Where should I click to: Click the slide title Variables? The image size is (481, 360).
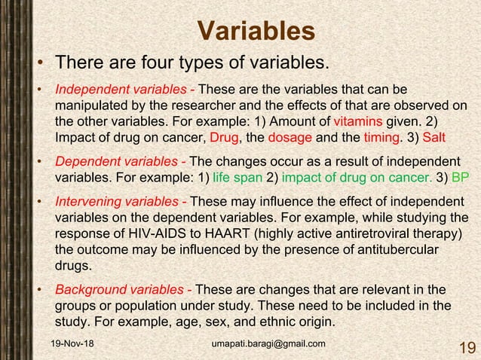click(x=256, y=31)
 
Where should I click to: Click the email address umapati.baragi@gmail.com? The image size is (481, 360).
click(x=269, y=344)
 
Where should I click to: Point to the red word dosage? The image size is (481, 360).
click(x=269, y=139)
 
